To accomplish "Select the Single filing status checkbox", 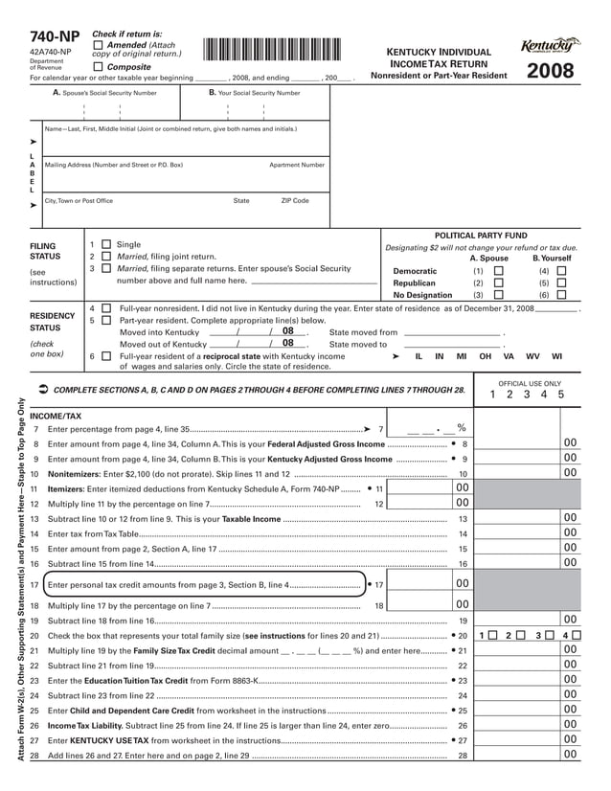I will coord(105,245).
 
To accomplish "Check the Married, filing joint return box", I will coord(105,258).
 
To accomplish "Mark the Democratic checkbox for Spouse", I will coord(498,271).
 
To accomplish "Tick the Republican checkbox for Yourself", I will coord(562,283).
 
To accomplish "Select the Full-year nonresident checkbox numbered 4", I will coord(105,309).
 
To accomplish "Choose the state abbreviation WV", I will coord(532,355).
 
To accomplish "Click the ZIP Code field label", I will coord(294,201).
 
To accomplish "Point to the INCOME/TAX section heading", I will coord(56,417).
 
